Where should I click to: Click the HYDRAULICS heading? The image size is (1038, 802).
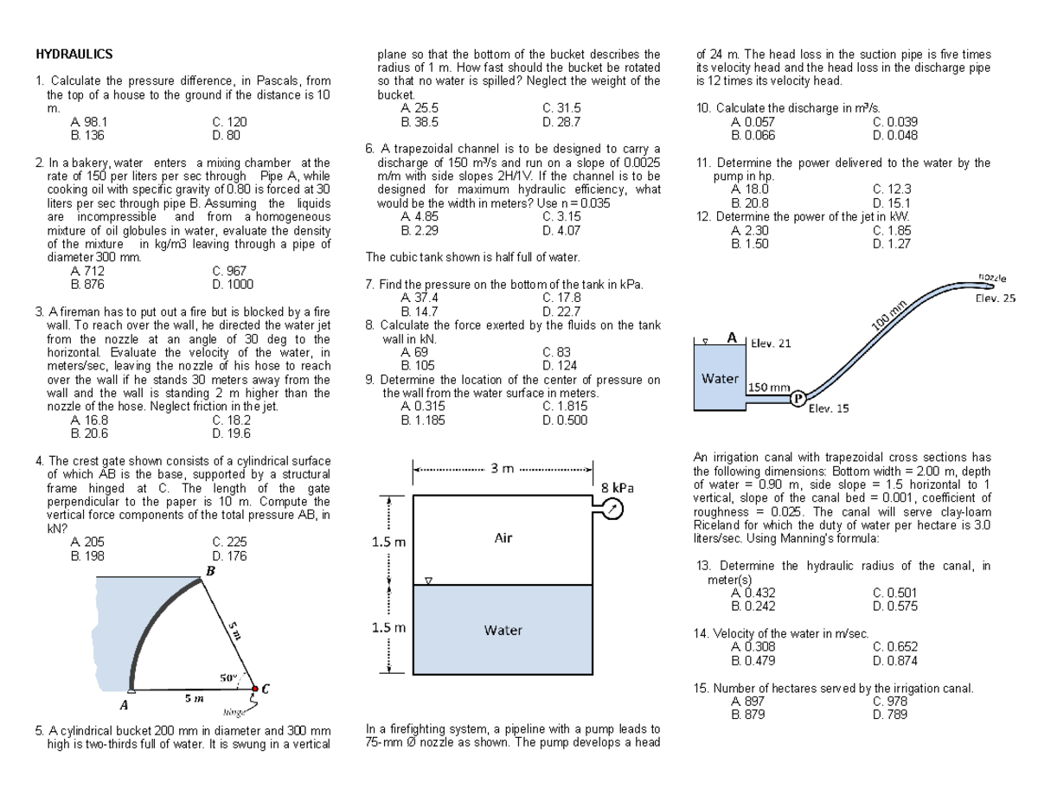point(74,55)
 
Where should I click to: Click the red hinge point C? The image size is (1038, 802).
point(255,690)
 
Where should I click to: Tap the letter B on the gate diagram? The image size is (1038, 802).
point(209,570)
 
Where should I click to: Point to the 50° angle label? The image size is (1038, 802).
point(229,677)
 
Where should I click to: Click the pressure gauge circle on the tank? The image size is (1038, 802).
point(613,510)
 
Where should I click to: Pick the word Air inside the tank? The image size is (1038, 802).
point(503,537)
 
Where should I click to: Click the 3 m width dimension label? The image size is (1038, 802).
point(503,469)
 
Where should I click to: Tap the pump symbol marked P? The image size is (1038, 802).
point(798,398)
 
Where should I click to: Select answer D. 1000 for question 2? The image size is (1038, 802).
point(233,283)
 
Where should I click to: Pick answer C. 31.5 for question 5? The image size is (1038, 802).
point(561,107)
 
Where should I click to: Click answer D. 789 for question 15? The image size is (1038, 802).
point(891,715)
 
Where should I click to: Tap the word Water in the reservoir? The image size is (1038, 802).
point(720,378)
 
